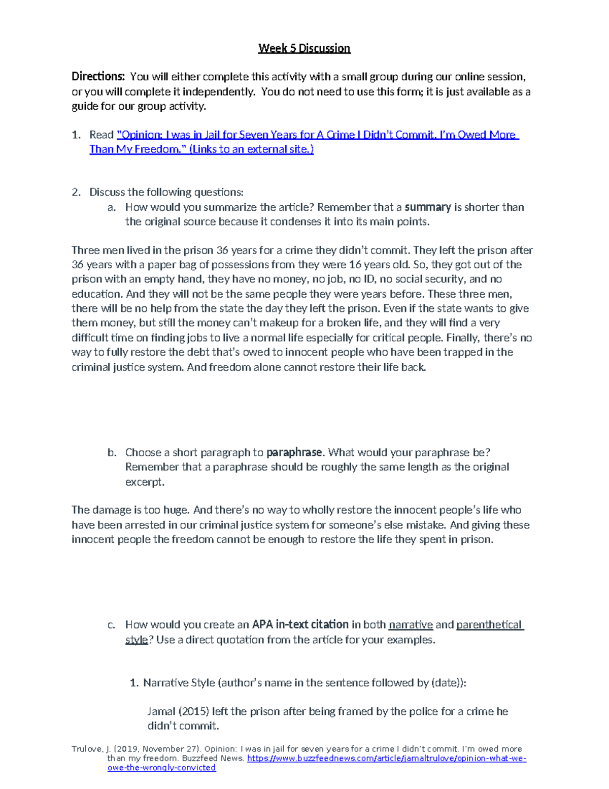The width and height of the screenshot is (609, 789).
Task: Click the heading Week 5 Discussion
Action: tap(304, 48)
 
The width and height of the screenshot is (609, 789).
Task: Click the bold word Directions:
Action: tap(97, 77)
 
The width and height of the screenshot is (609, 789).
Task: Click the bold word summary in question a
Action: tap(427, 207)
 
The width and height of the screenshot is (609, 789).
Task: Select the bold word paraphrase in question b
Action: tap(294, 453)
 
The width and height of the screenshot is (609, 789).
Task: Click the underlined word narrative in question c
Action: tap(411, 625)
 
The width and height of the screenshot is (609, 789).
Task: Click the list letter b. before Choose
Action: tap(112, 453)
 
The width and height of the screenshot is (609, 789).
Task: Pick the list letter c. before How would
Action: tap(112, 625)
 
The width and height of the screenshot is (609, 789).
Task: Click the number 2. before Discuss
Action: tap(76, 192)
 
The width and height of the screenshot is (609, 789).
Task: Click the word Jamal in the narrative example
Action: tap(161, 712)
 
